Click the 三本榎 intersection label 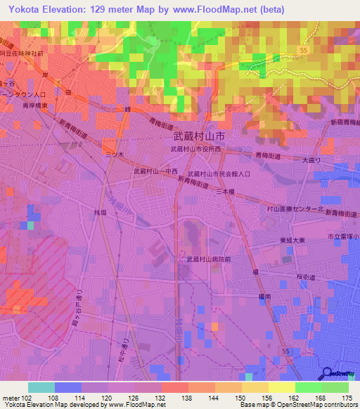(x=224, y=191)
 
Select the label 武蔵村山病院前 (x=209, y=259)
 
